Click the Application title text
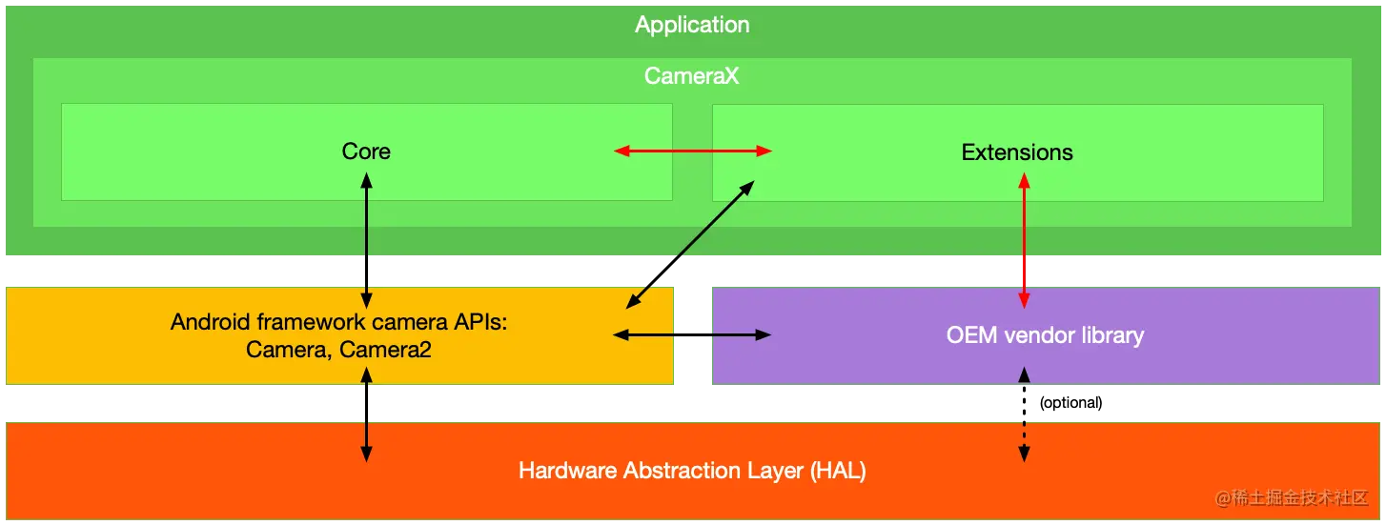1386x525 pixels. [692, 25]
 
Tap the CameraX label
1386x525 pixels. [691, 76]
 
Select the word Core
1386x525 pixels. [366, 151]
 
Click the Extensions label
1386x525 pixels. [1016, 152]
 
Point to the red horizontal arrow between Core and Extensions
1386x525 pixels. [692, 151]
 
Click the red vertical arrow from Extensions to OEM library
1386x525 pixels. [1024, 240]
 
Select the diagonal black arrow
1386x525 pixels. [690, 244]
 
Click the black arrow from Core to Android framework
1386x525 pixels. [366, 240]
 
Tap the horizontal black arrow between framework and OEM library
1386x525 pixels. [692, 335]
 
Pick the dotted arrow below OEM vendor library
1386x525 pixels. [1024, 414]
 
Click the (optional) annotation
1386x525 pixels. [1071, 402]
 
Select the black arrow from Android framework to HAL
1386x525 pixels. [366, 414]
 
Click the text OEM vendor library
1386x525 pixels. [1045, 335]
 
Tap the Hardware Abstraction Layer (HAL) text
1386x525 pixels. [692, 471]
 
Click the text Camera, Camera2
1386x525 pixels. [338, 350]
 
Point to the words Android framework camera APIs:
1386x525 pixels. [338, 322]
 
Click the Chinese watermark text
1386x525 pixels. [1292, 497]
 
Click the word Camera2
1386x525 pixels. [385, 350]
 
